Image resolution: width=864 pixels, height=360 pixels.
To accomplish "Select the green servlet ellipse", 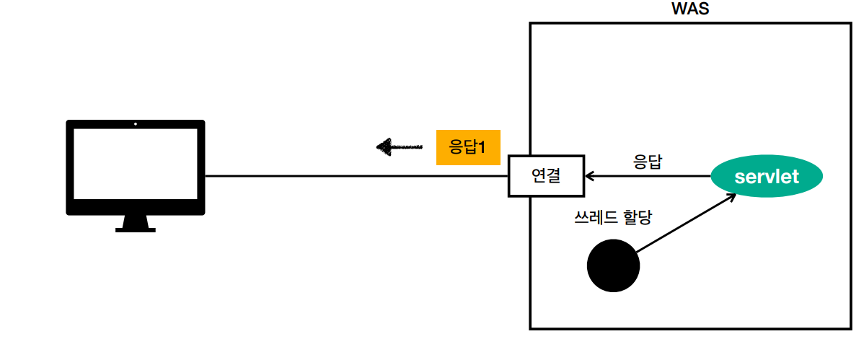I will coord(767,176).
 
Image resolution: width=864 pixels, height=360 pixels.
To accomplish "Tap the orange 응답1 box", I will coord(468,147).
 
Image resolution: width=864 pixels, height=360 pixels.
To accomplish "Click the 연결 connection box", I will coord(546,175).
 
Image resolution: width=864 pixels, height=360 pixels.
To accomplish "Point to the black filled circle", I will coord(613,265).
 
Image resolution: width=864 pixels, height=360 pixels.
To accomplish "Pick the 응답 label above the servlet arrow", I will coord(647,161).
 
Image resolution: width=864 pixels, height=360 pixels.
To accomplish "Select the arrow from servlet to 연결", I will coord(649,175).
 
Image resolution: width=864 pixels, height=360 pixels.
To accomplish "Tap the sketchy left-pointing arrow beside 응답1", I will coord(399,147).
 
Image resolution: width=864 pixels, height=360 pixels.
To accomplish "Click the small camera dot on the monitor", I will coord(136,124).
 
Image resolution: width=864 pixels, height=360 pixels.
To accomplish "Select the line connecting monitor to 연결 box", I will coord(357,176).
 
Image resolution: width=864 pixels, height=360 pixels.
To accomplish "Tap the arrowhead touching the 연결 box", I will coord(589,175).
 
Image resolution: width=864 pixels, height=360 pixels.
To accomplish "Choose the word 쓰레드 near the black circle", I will coord(594,217).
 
